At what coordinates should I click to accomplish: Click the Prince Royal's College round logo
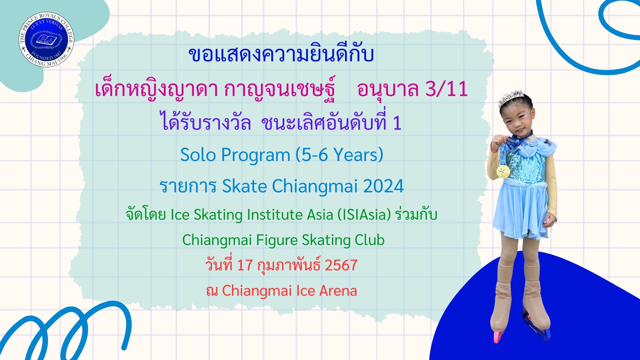point(46,40)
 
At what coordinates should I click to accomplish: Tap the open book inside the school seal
point(46,40)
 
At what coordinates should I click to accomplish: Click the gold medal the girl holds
point(503,171)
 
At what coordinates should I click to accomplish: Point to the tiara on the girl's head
point(511,98)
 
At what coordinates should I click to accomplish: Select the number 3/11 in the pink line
point(446,89)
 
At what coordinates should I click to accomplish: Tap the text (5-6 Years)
point(339,155)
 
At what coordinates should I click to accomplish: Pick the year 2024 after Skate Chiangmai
point(383,186)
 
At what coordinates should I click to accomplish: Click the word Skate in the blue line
point(244,186)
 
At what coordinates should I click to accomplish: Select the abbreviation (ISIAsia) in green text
point(364,214)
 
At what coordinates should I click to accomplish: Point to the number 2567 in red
point(341,265)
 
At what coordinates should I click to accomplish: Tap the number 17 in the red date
point(245,265)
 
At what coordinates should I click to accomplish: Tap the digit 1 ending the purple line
point(397,123)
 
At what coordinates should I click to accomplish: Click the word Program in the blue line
point(256,155)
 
